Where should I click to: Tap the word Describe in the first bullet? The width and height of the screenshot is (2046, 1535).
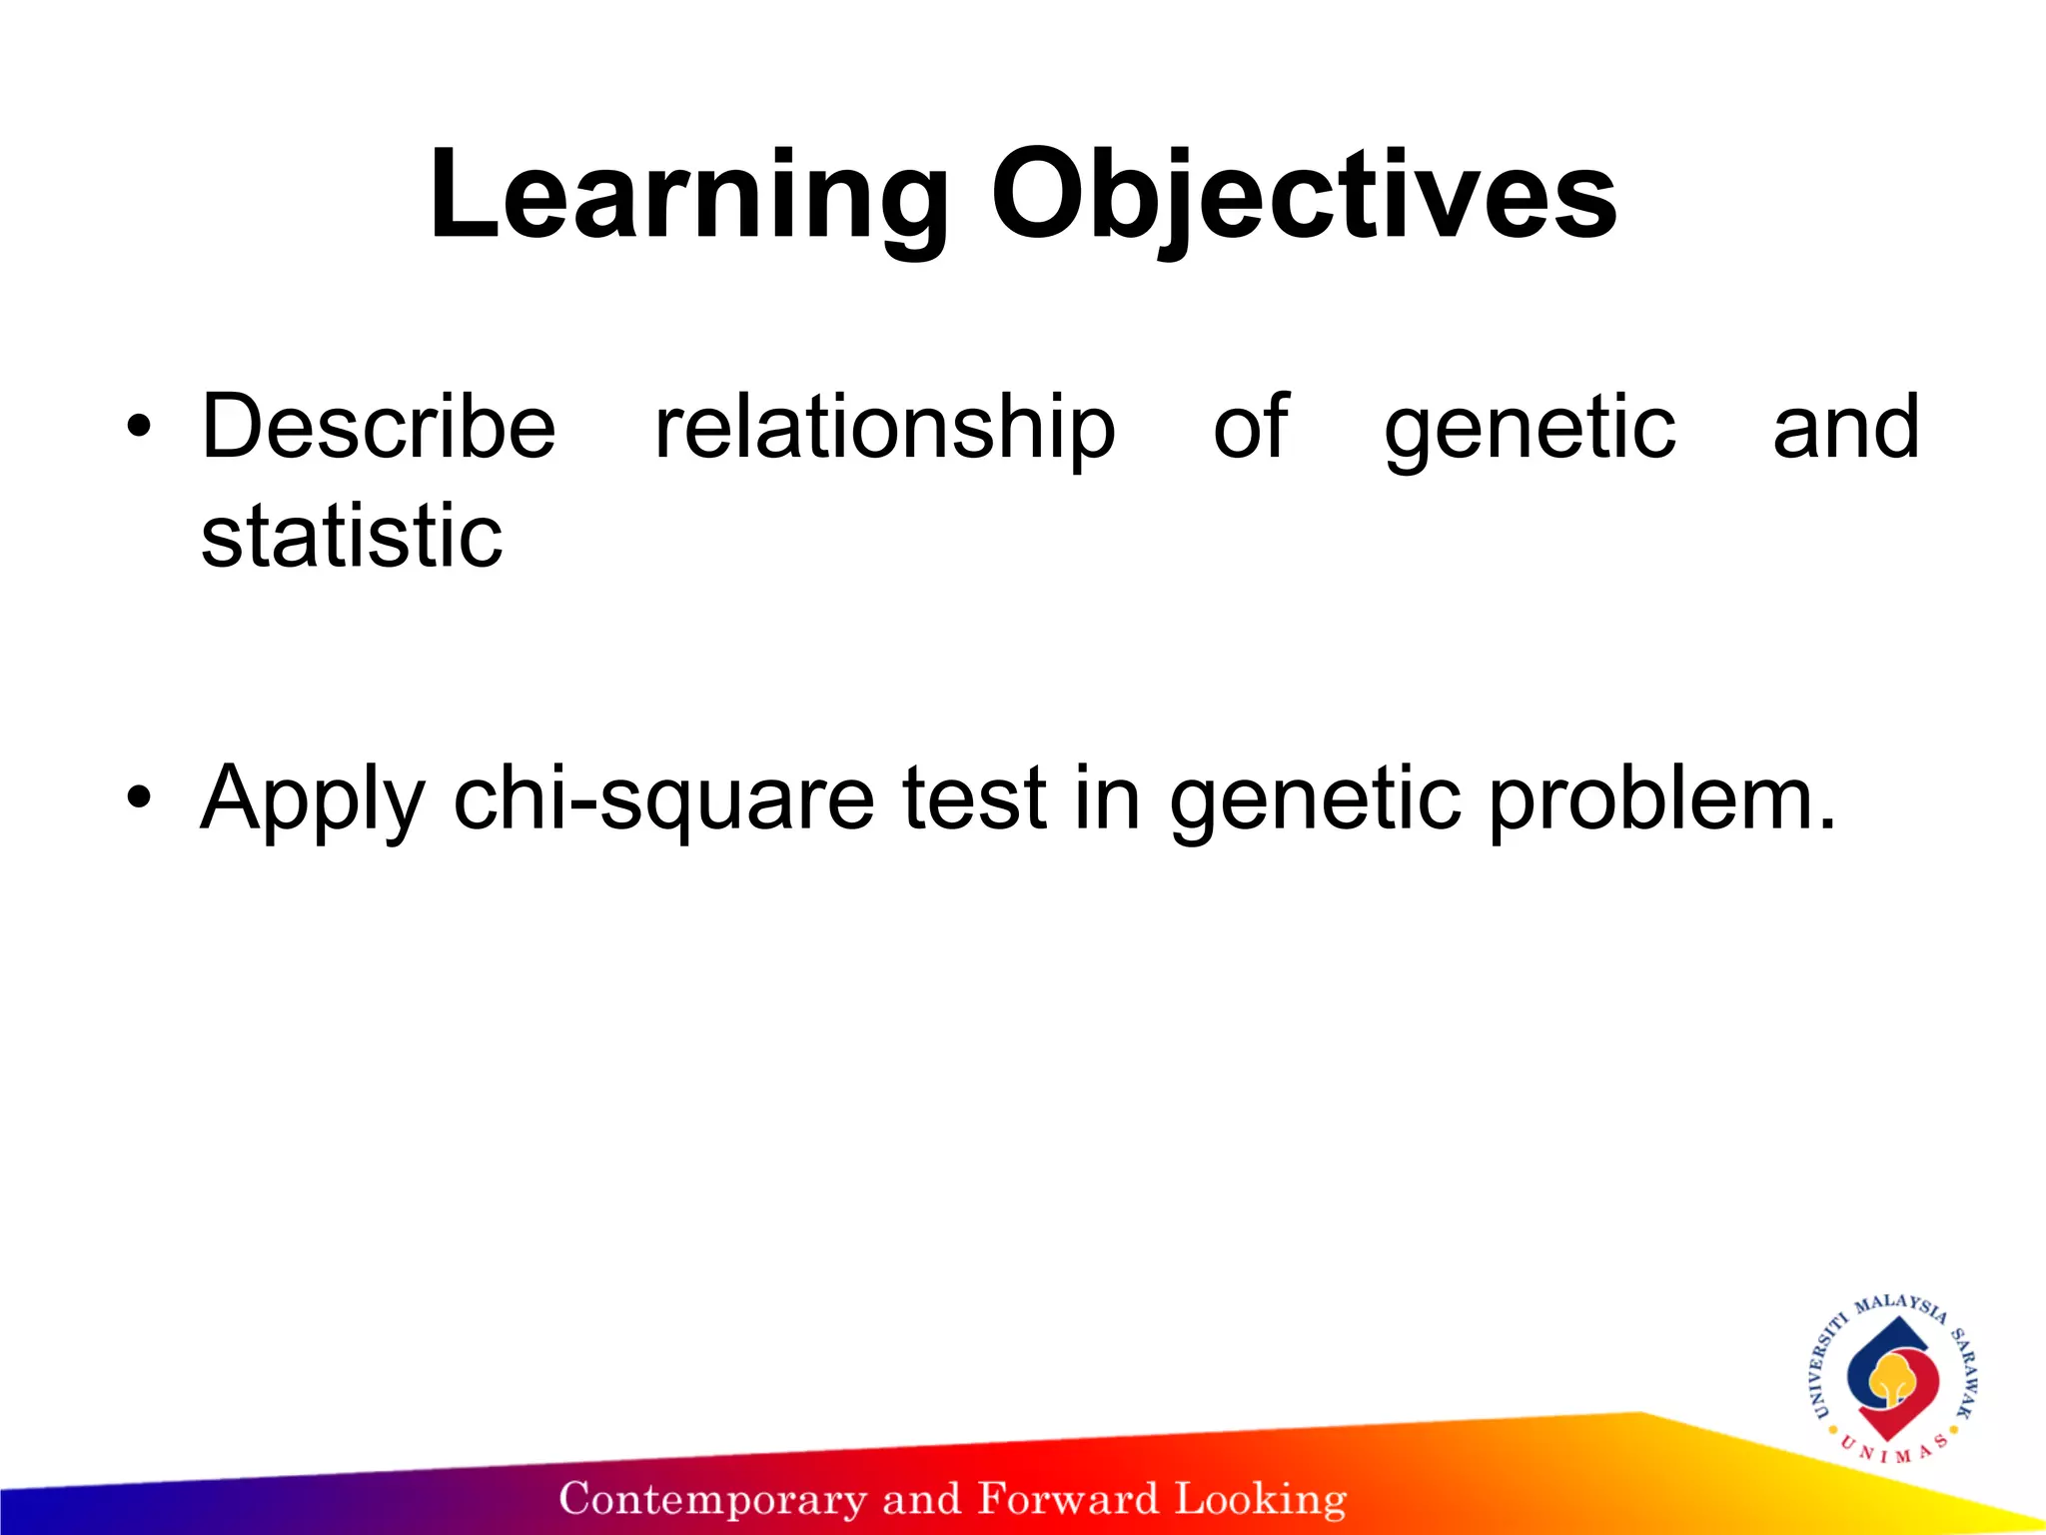click(378, 428)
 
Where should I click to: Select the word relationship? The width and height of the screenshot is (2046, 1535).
click(884, 428)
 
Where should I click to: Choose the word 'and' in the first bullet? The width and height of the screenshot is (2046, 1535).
click(1845, 427)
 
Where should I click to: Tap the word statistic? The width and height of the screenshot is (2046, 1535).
click(352, 537)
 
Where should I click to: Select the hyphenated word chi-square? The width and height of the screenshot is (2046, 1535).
click(662, 799)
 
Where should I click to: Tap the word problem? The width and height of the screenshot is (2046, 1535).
click(1662, 799)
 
